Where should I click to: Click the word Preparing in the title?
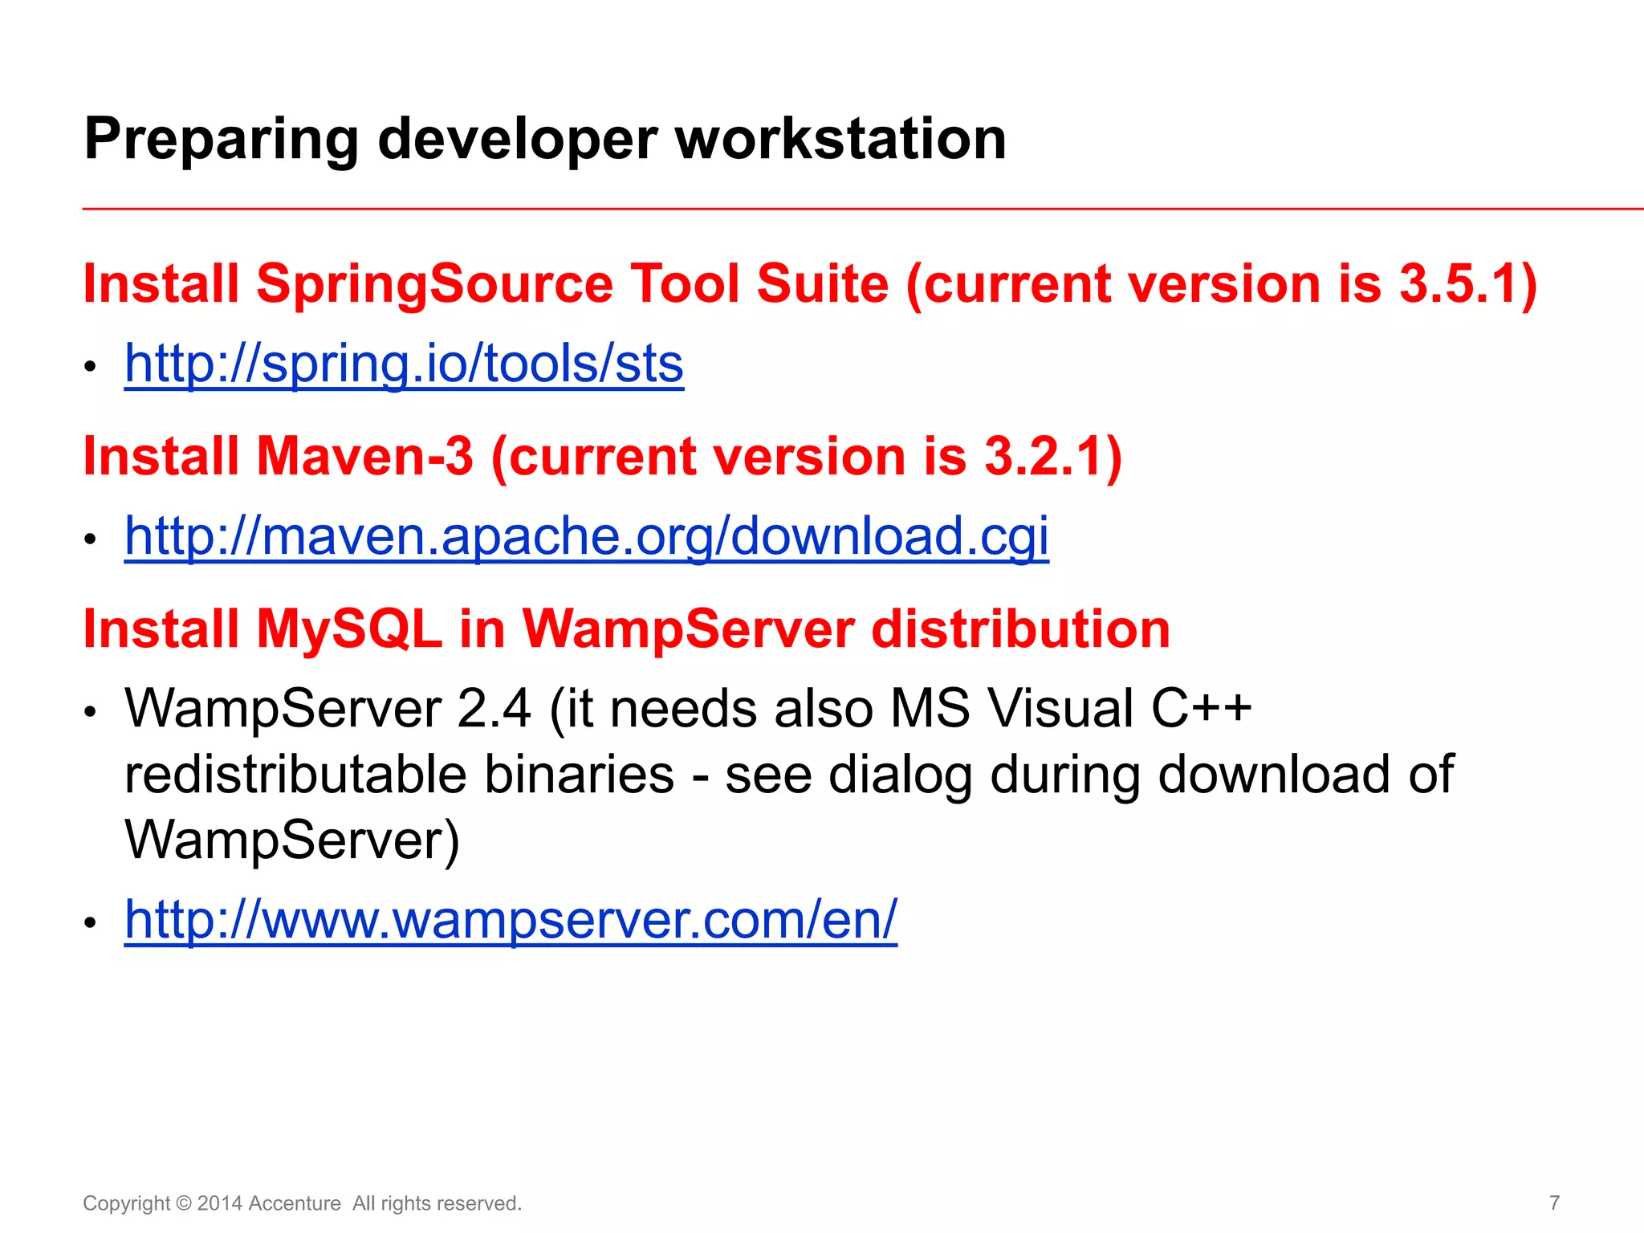(221, 140)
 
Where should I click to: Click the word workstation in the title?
(840, 139)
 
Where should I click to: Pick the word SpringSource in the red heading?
(434, 285)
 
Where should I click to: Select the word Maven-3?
(364, 456)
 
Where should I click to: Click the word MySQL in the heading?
(349, 629)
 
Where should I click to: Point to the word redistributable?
(295, 775)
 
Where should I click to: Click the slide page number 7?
(1554, 1202)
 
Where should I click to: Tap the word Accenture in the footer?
(295, 1203)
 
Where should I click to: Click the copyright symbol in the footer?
(184, 1203)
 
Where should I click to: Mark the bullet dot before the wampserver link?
(91, 922)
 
